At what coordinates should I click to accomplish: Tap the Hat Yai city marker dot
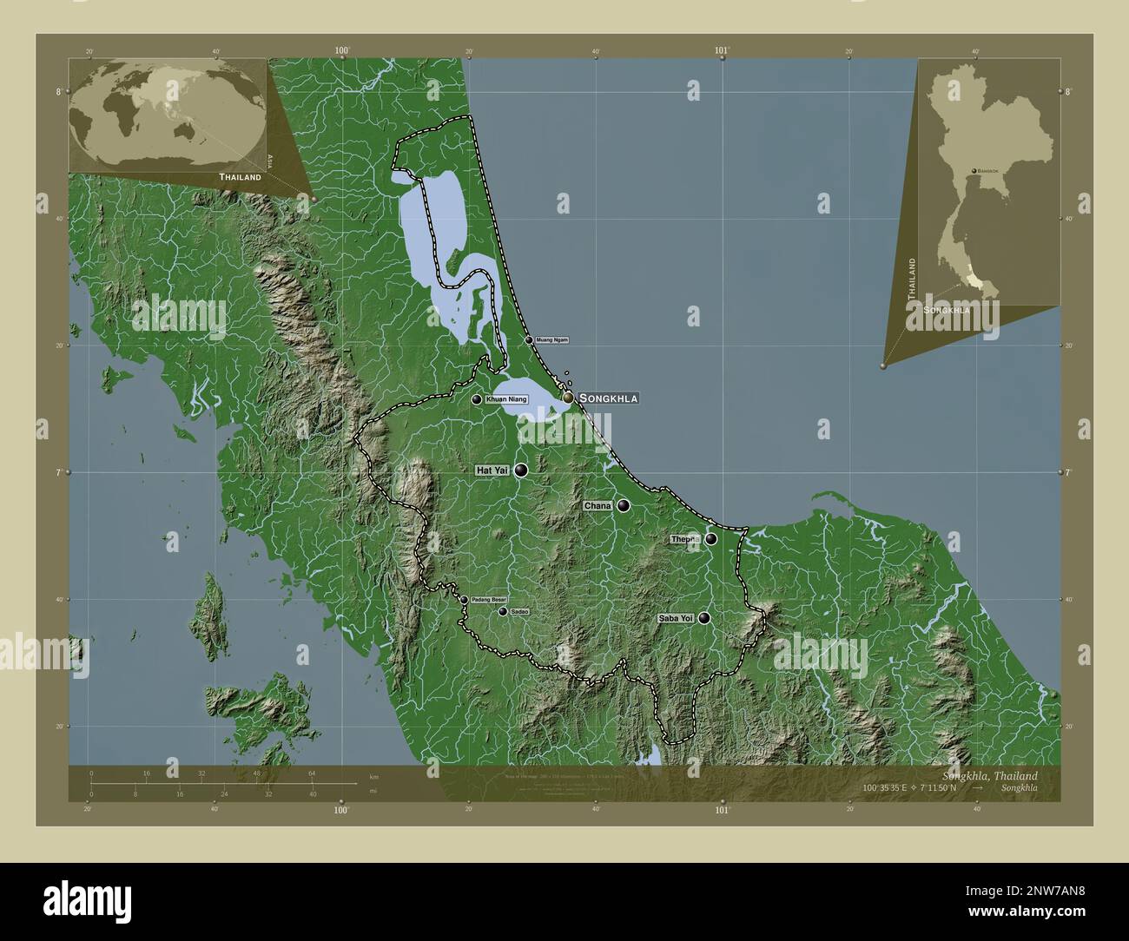coord(520,470)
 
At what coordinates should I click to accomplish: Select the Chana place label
coord(598,505)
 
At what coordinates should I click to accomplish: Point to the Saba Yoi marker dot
coord(704,618)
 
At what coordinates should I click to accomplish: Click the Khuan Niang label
coord(506,399)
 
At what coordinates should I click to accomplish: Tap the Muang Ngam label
coord(552,339)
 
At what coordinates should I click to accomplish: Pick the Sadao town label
coord(519,612)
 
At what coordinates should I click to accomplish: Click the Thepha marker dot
coord(710,539)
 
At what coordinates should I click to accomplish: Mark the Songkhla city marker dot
coord(568,398)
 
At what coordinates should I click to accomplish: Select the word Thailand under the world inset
coord(240,177)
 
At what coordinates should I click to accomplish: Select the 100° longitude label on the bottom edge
coord(341,811)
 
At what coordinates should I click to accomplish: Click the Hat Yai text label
coord(492,470)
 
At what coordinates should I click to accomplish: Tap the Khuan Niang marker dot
coord(477,399)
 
